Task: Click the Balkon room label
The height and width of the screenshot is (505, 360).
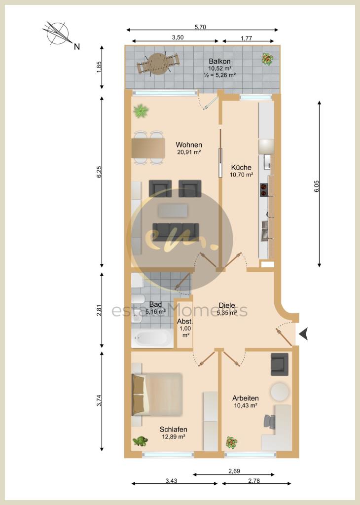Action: pyautogui.click(x=219, y=61)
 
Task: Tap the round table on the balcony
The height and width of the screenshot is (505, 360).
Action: pyautogui.click(x=158, y=64)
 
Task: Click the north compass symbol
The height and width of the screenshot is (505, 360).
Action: pyautogui.click(x=58, y=33)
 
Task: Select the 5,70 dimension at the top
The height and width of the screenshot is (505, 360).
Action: pyautogui.click(x=200, y=27)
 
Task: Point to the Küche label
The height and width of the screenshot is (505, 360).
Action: pyautogui.click(x=241, y=168)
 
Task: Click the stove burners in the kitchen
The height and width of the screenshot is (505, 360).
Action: pyautogui.click(x=264, y=189)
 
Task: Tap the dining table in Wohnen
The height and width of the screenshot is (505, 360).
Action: pyautogui.click(x=148, y=148)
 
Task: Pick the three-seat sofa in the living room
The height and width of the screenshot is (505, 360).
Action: pyautogui.click(x=176, y=232)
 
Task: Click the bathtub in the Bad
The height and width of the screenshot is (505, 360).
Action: pyautogui.click(x=152, y=338)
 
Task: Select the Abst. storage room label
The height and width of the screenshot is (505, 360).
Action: pyautogui.click(x=185, y=322)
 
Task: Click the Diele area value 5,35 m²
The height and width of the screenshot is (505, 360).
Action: pyautogui.click(x=227, y=312)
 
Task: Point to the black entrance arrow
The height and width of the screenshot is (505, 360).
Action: pyautogui.click(x=303, y=334)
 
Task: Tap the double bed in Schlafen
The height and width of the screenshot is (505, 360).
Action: pyautogui.click(x=157, y=395)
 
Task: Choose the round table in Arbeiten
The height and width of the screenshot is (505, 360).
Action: pyautogui.click(x=280, y=392)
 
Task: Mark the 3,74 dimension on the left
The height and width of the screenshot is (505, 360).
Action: pyautogui.click(x=99, y=400)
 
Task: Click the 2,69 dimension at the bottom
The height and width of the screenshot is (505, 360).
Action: pyautogui.click(x=234, y=471)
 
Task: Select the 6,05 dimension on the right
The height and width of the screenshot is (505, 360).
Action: pyautogui.click(x=317, y=186)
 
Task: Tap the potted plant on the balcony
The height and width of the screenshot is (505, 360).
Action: pyautogui.click(x=267, y=59)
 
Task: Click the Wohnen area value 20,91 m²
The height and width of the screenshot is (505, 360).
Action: pyautogui.click(x=189, y=152)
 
